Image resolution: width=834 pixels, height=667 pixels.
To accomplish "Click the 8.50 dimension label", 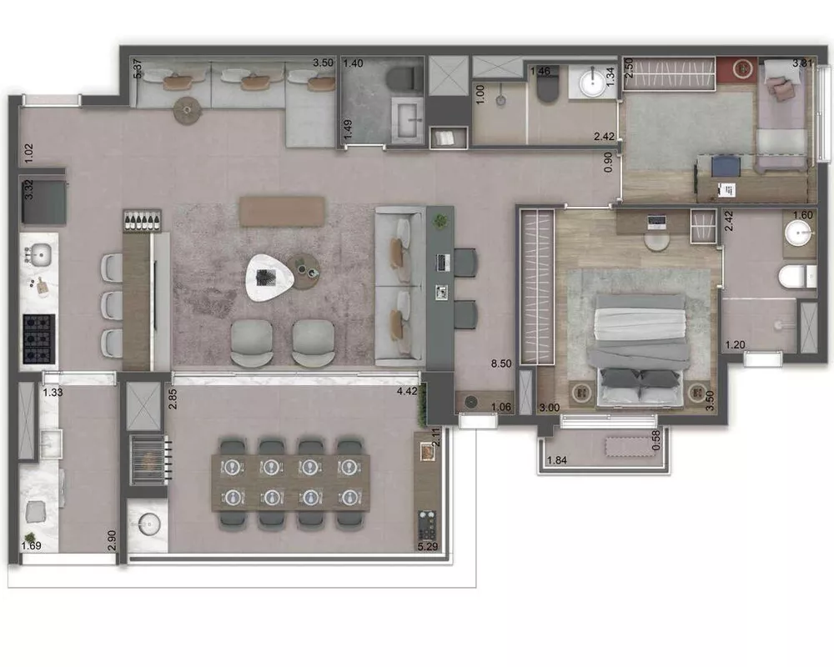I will pos(501,364).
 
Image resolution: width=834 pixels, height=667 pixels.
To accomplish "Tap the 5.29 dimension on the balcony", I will pos(428,547).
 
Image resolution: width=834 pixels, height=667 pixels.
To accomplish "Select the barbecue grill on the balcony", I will pos(148,458).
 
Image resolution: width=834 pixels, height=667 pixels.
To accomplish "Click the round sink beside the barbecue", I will pos(148,524).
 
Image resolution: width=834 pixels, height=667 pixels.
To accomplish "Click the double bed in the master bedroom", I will pos(639,349).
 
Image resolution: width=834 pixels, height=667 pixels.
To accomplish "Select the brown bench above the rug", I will pos(282,211).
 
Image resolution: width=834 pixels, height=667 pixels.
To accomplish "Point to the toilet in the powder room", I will pos(402,79).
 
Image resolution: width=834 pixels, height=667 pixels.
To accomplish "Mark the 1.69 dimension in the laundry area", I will pos(31,547).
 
